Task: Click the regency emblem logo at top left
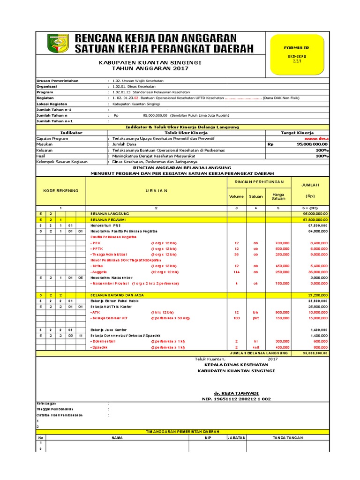point(58,43)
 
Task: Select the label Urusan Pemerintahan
point(58,81)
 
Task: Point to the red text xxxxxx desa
point(316,139)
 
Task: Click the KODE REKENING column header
point(60,191)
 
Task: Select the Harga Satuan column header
point(278,196)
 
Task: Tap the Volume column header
point(236,196)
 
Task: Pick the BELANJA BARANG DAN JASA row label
point(117,295)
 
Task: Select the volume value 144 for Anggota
point(237,272)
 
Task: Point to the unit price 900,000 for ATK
point(282,312)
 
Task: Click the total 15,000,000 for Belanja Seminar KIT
point(317,318)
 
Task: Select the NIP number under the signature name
point(236,399)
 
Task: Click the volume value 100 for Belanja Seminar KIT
point(237,318)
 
